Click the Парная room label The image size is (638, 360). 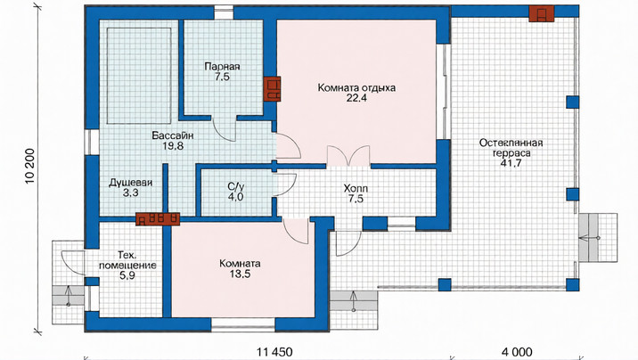point(222,66)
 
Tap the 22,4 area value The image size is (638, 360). point(356,98)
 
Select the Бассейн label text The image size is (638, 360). point(173,135)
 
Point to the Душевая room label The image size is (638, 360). point(131,183)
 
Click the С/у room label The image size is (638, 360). point(236,187)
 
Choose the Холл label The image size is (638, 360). point(356,189)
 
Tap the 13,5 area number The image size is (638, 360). point(240,274)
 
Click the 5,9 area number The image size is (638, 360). point(127,276)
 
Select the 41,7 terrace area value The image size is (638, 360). point(511,164)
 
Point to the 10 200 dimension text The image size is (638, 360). point(30,171)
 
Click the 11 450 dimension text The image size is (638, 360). point(274,352)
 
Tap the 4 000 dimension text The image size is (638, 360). point(517,352)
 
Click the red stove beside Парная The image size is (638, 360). point(272,89)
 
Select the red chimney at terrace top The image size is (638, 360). point(542,14)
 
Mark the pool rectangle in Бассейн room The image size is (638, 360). point(139,76)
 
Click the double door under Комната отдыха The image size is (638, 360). point(348,156)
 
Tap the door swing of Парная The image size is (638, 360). point(225,129)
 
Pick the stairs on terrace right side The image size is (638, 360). point(598,238)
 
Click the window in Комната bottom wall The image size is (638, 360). point(243,324)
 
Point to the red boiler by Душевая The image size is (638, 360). point(158,219)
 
